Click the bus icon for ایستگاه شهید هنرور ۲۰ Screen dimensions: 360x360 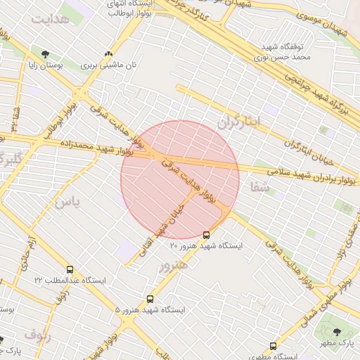[x=206, y=236]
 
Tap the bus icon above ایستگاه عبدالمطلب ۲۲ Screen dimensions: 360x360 [x=70, y=269]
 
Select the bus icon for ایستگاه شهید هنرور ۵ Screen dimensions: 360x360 [x=150, y=299]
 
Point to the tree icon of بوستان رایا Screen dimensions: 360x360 [x=46, y=54]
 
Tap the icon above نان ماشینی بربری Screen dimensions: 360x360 [x=108, y=54]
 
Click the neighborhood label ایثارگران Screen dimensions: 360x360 [x=238, y=121]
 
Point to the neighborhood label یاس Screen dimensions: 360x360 [x=67, y=202]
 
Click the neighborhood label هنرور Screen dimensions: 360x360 [x=173, y=266]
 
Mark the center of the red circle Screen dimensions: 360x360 [x=180, y=180]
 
